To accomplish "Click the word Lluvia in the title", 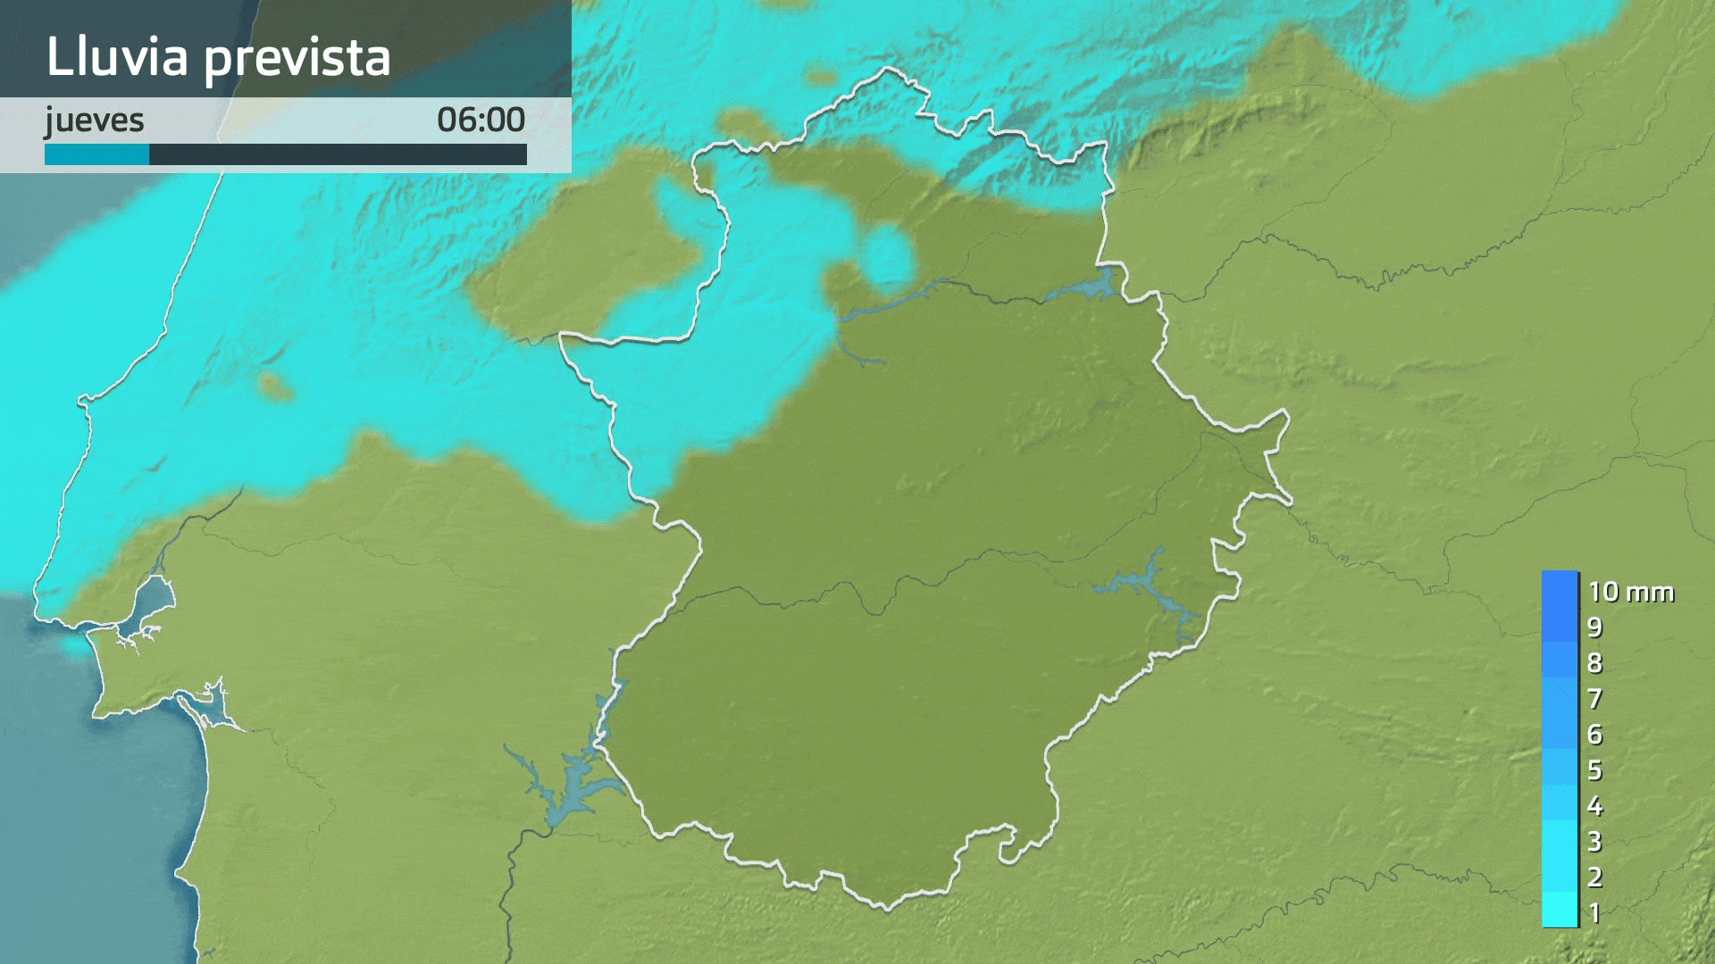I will pos(117,56).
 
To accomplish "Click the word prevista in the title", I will pos(297,58).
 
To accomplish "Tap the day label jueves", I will pos(95,120).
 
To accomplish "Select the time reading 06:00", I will pos(481,120).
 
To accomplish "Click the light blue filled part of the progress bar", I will pos(96,155).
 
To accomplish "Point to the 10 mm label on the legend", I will pos(1630,592).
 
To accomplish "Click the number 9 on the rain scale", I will pos(1594,627).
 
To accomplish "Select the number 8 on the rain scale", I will pos(1594,663).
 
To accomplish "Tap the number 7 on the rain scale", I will pos(1594,699).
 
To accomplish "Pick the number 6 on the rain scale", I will pos(1594,735).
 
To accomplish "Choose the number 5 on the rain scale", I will pos(1594,769).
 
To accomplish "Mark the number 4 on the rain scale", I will pos(1594,806).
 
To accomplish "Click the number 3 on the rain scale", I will pos(1594,841).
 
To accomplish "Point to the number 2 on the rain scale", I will pos(1594,877).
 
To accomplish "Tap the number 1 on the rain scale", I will pos(1594,912).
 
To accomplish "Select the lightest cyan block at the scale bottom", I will pos(1560,910).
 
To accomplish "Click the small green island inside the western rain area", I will pos(275,386).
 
